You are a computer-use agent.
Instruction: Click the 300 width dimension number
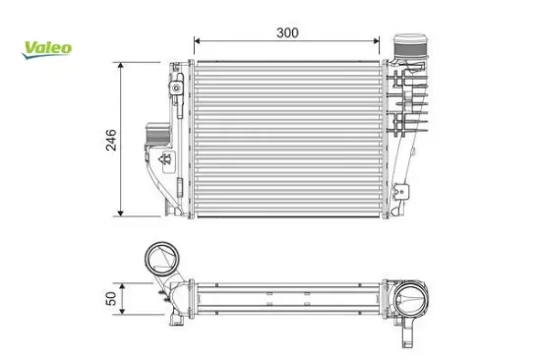click(x=287, y=32)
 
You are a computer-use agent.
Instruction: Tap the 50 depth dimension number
click(x=111, y=295)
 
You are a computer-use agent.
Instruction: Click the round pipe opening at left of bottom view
click(x=158, y=261)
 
